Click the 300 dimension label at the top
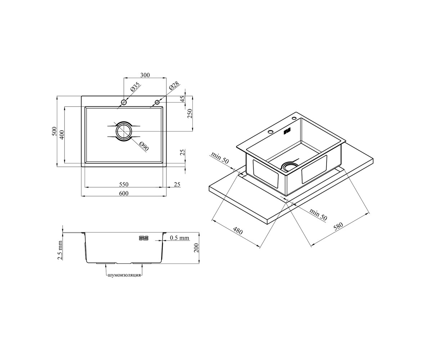pyautogui.click(x=145, y=75)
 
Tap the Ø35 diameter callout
pyautogui.click(x=135, y=87)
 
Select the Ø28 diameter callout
pyautogui.click(x=174, y=86)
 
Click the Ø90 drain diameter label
pyautogui.click(x=144, y=146)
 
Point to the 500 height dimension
pyautogui.click(x=54, y=131)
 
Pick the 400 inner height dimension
pyautogui.click(x=62, y=135)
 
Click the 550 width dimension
pyautogui.click(x=124, y=184)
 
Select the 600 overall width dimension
pyautogui.click(x=124, y=193)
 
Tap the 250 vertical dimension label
pyautogui.click(x=190, y=113)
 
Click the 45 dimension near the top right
pyautogui.click(x=183, y=99)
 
